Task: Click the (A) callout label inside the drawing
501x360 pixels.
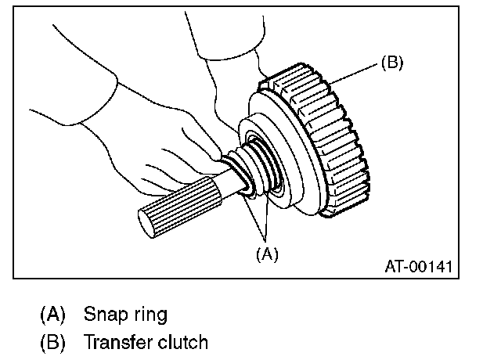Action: [x=266, y=253]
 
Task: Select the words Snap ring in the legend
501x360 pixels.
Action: [x=125, y=315]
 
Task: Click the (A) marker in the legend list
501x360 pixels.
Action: [x=53, y=315]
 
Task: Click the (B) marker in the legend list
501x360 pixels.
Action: [x=53, y=341]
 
